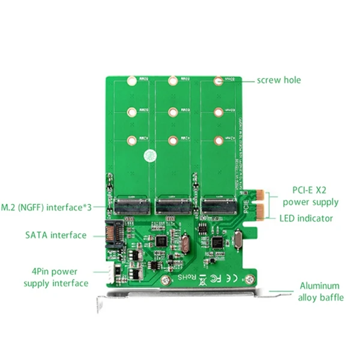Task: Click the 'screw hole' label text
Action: [x=279, y=80]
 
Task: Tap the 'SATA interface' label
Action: [x=56, y=235]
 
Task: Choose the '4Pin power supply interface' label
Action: [x=56, y=277]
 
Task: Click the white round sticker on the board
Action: [x=148, y=155]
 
